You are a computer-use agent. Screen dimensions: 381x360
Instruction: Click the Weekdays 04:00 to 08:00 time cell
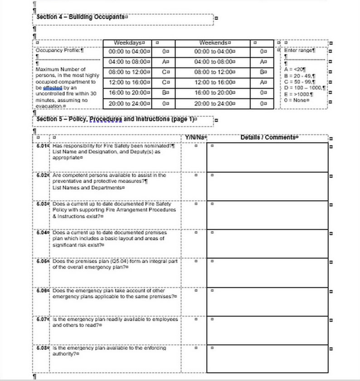129,62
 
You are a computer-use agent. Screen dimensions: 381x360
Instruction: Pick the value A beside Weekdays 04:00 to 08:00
165,62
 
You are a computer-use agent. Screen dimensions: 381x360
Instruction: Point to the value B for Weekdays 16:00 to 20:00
165,93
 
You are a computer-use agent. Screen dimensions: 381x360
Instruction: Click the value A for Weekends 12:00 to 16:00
263,82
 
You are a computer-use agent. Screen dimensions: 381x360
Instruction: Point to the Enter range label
299,51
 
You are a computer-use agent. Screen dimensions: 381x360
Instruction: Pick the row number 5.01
43,146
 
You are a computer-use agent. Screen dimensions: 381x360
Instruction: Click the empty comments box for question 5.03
267,215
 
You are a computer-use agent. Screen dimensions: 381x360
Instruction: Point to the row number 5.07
43,319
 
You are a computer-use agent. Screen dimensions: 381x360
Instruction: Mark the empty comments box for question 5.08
267,359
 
